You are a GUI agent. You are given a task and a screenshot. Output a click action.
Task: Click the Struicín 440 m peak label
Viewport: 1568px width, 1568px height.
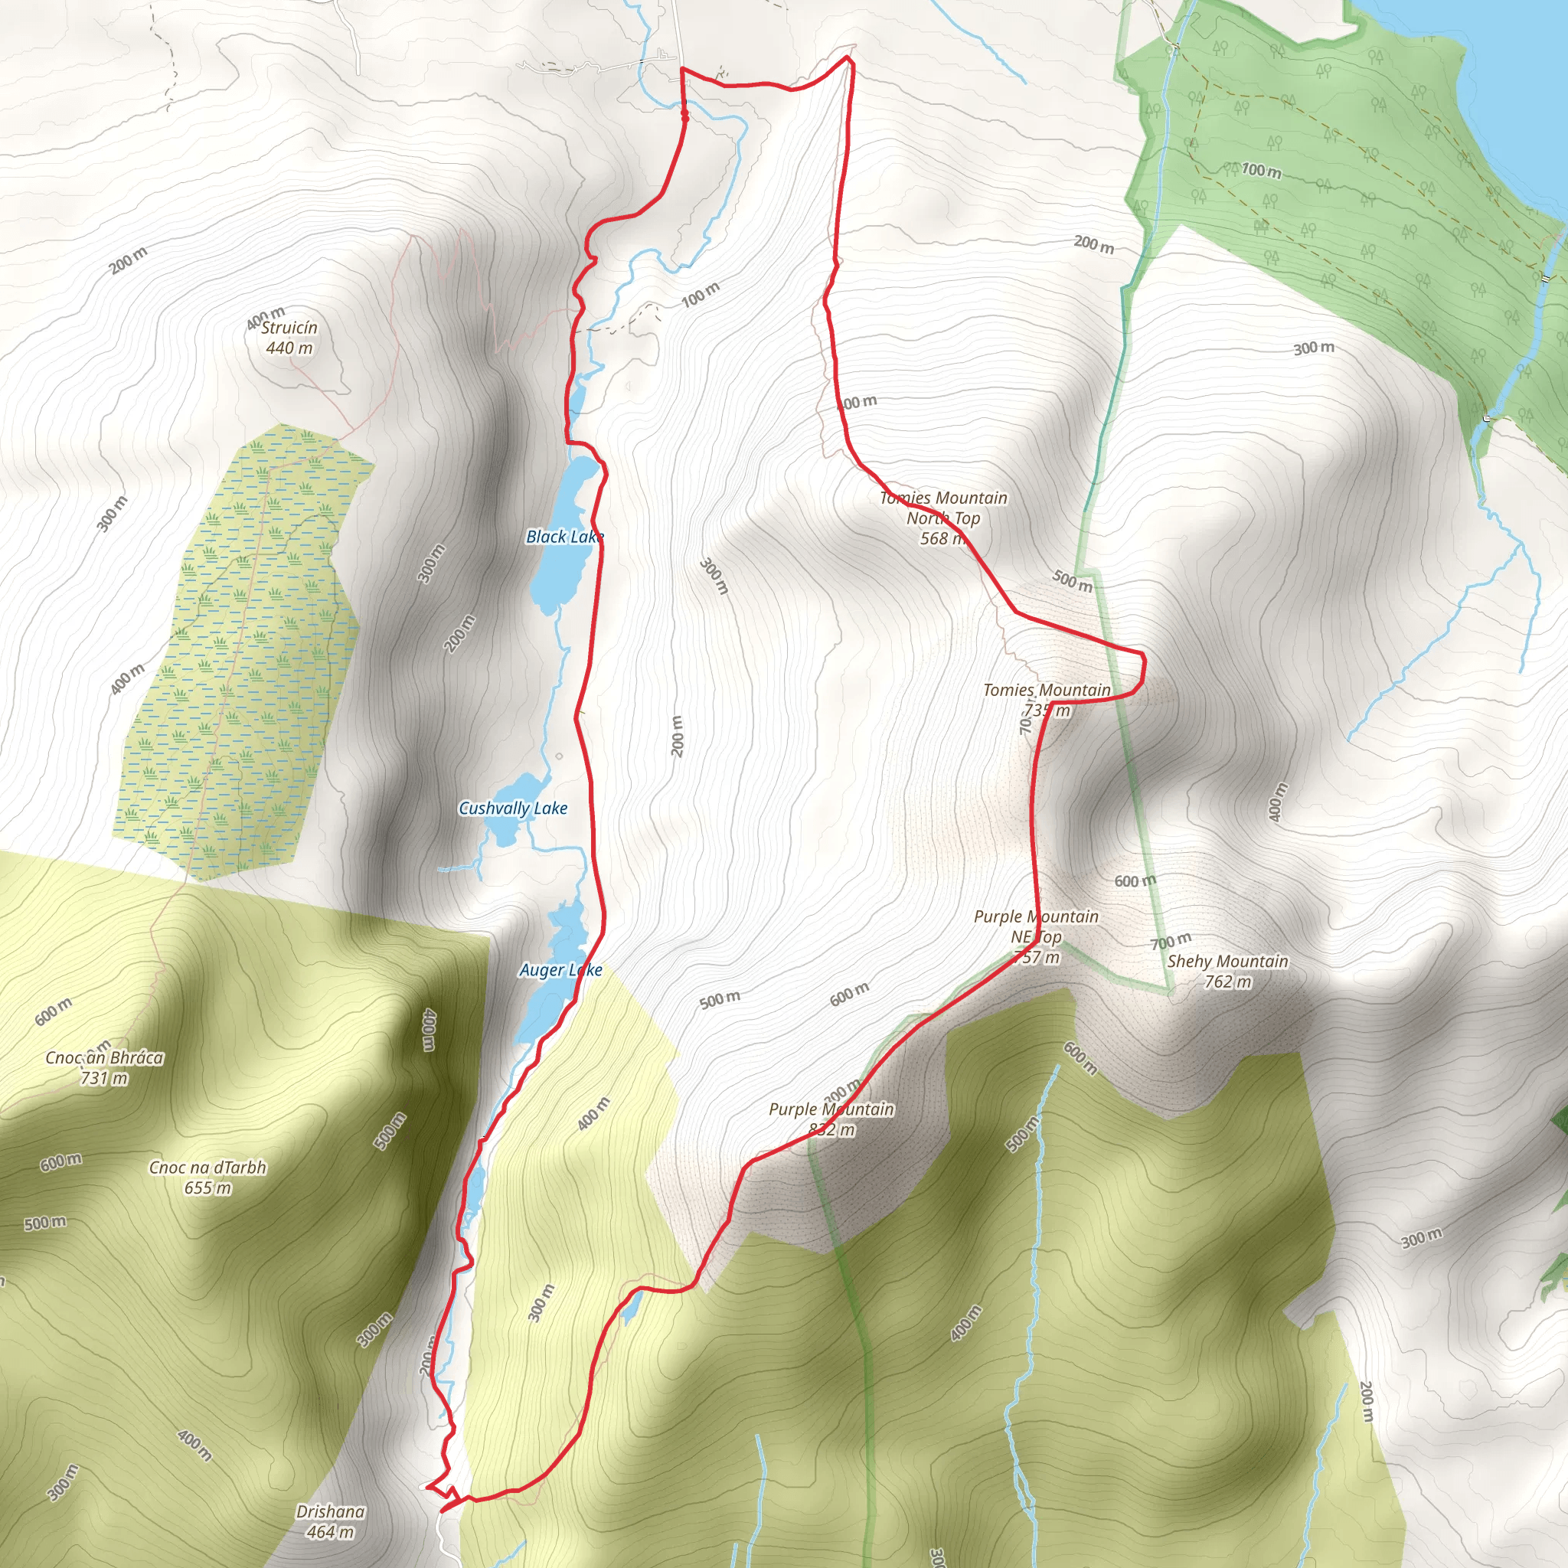coord(289,338)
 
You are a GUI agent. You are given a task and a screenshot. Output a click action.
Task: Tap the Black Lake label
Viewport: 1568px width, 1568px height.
coord(564,537)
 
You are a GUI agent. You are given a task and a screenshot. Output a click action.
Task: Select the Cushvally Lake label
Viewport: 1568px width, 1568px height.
coord(512,808)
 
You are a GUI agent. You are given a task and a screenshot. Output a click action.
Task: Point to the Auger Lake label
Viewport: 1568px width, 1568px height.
coord(560,970)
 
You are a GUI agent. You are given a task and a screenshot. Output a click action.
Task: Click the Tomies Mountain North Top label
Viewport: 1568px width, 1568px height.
coord(943,518)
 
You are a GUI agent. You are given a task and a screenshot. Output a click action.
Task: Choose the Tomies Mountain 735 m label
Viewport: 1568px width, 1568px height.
coord(1046,700)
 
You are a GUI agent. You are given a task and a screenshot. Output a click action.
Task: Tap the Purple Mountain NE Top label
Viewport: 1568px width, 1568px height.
coord(1036,936)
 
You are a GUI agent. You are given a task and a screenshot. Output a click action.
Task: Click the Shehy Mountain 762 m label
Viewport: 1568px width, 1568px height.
coord(1227,972)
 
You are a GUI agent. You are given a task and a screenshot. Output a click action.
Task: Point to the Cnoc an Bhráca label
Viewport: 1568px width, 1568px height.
coord(104,1067)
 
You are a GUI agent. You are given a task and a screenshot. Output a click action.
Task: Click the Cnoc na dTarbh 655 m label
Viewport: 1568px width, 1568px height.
coord(207,1177)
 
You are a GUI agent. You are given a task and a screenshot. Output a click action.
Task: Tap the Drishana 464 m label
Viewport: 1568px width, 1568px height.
coord(329,1521)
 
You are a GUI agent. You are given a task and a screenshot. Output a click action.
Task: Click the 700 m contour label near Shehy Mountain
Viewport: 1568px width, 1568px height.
coord(1171,942)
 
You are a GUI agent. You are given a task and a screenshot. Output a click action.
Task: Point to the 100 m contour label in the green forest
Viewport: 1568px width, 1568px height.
coord(1261,171)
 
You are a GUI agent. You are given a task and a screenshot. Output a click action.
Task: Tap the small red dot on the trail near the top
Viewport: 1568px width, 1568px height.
coord(685,119)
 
